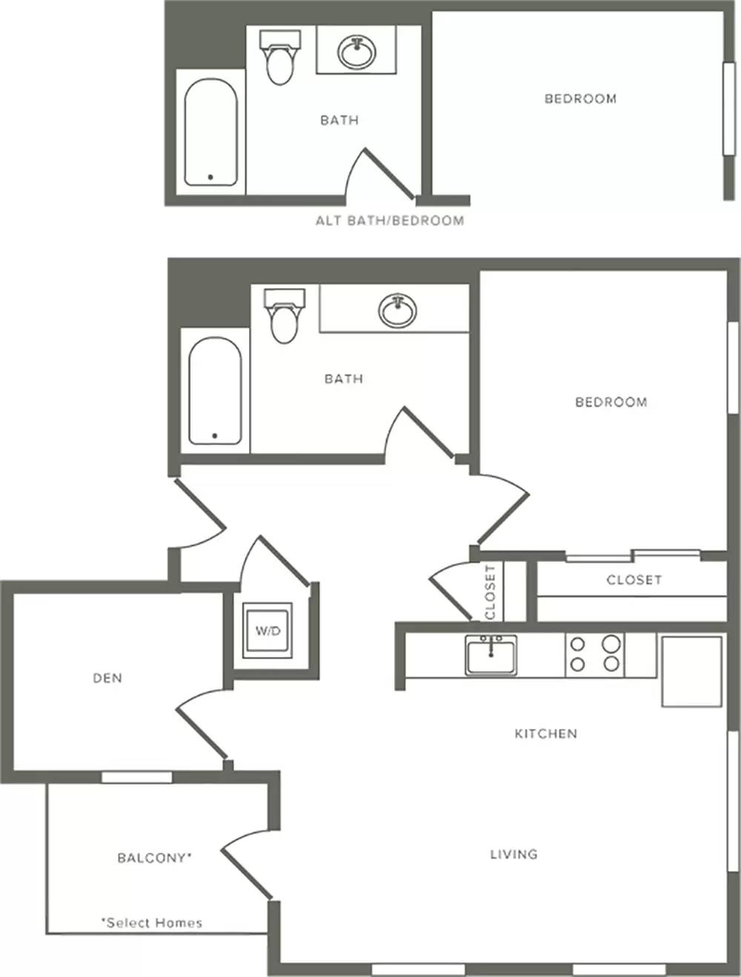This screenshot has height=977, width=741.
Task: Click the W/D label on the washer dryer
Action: (x=268, y=630)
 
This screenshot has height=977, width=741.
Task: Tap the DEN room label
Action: (x=107, y=678)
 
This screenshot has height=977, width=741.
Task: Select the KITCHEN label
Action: (x=546, y=733)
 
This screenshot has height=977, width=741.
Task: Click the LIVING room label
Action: (x=514, y=854)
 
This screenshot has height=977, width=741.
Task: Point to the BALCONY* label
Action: (x=155, y=858)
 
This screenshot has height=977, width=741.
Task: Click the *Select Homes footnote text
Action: (x=152, y=923)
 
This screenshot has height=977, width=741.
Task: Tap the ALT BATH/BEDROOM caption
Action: (x=390, y=220)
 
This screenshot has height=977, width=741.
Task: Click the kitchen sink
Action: (x=491, y=656)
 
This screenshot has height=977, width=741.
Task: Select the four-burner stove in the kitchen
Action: (x=594, y=655)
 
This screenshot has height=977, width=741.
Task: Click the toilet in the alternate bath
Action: (x=280, y=58)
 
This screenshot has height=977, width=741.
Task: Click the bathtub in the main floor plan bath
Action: (x=215, y=391)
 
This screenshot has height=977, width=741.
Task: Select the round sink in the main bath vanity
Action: (x=398, y=310)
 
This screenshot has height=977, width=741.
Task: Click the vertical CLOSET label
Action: (x=491, y=592)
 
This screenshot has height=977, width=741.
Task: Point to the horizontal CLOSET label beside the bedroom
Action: (x=634, y=579)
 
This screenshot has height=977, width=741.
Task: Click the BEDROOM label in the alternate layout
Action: (x=581, y=99)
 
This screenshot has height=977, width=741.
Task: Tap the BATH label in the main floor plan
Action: (x=344, y=379)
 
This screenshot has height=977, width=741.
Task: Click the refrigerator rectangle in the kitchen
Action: (x=691, y=672)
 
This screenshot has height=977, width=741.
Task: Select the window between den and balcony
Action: (x=136, y=778)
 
